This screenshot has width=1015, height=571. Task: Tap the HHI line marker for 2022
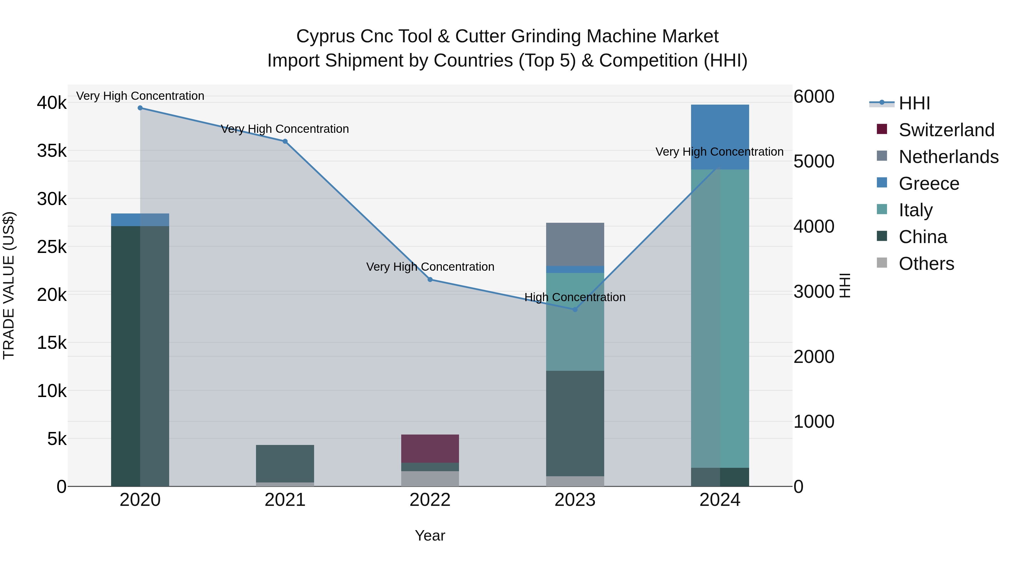coord(430,280)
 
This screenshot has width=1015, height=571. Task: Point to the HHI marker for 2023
coord(575,310)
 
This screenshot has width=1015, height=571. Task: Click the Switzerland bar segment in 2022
coord(430,448)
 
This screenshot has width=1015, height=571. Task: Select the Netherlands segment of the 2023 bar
coord(575,244)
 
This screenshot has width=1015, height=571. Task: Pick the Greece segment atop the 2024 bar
coord(720,137)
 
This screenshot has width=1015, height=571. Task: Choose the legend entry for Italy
coord(915,210)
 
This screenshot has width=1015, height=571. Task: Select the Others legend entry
coord(926,264)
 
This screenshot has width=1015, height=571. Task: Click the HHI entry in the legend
coord(914,103)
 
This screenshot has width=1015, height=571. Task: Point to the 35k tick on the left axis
coord(52,151)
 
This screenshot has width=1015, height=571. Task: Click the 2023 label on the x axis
coord(575,500)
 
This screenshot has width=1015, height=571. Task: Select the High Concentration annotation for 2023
coord(575,297)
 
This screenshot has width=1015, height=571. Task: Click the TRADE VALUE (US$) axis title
coord(9,285)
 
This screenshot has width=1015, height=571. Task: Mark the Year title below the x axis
coord(430,535)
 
